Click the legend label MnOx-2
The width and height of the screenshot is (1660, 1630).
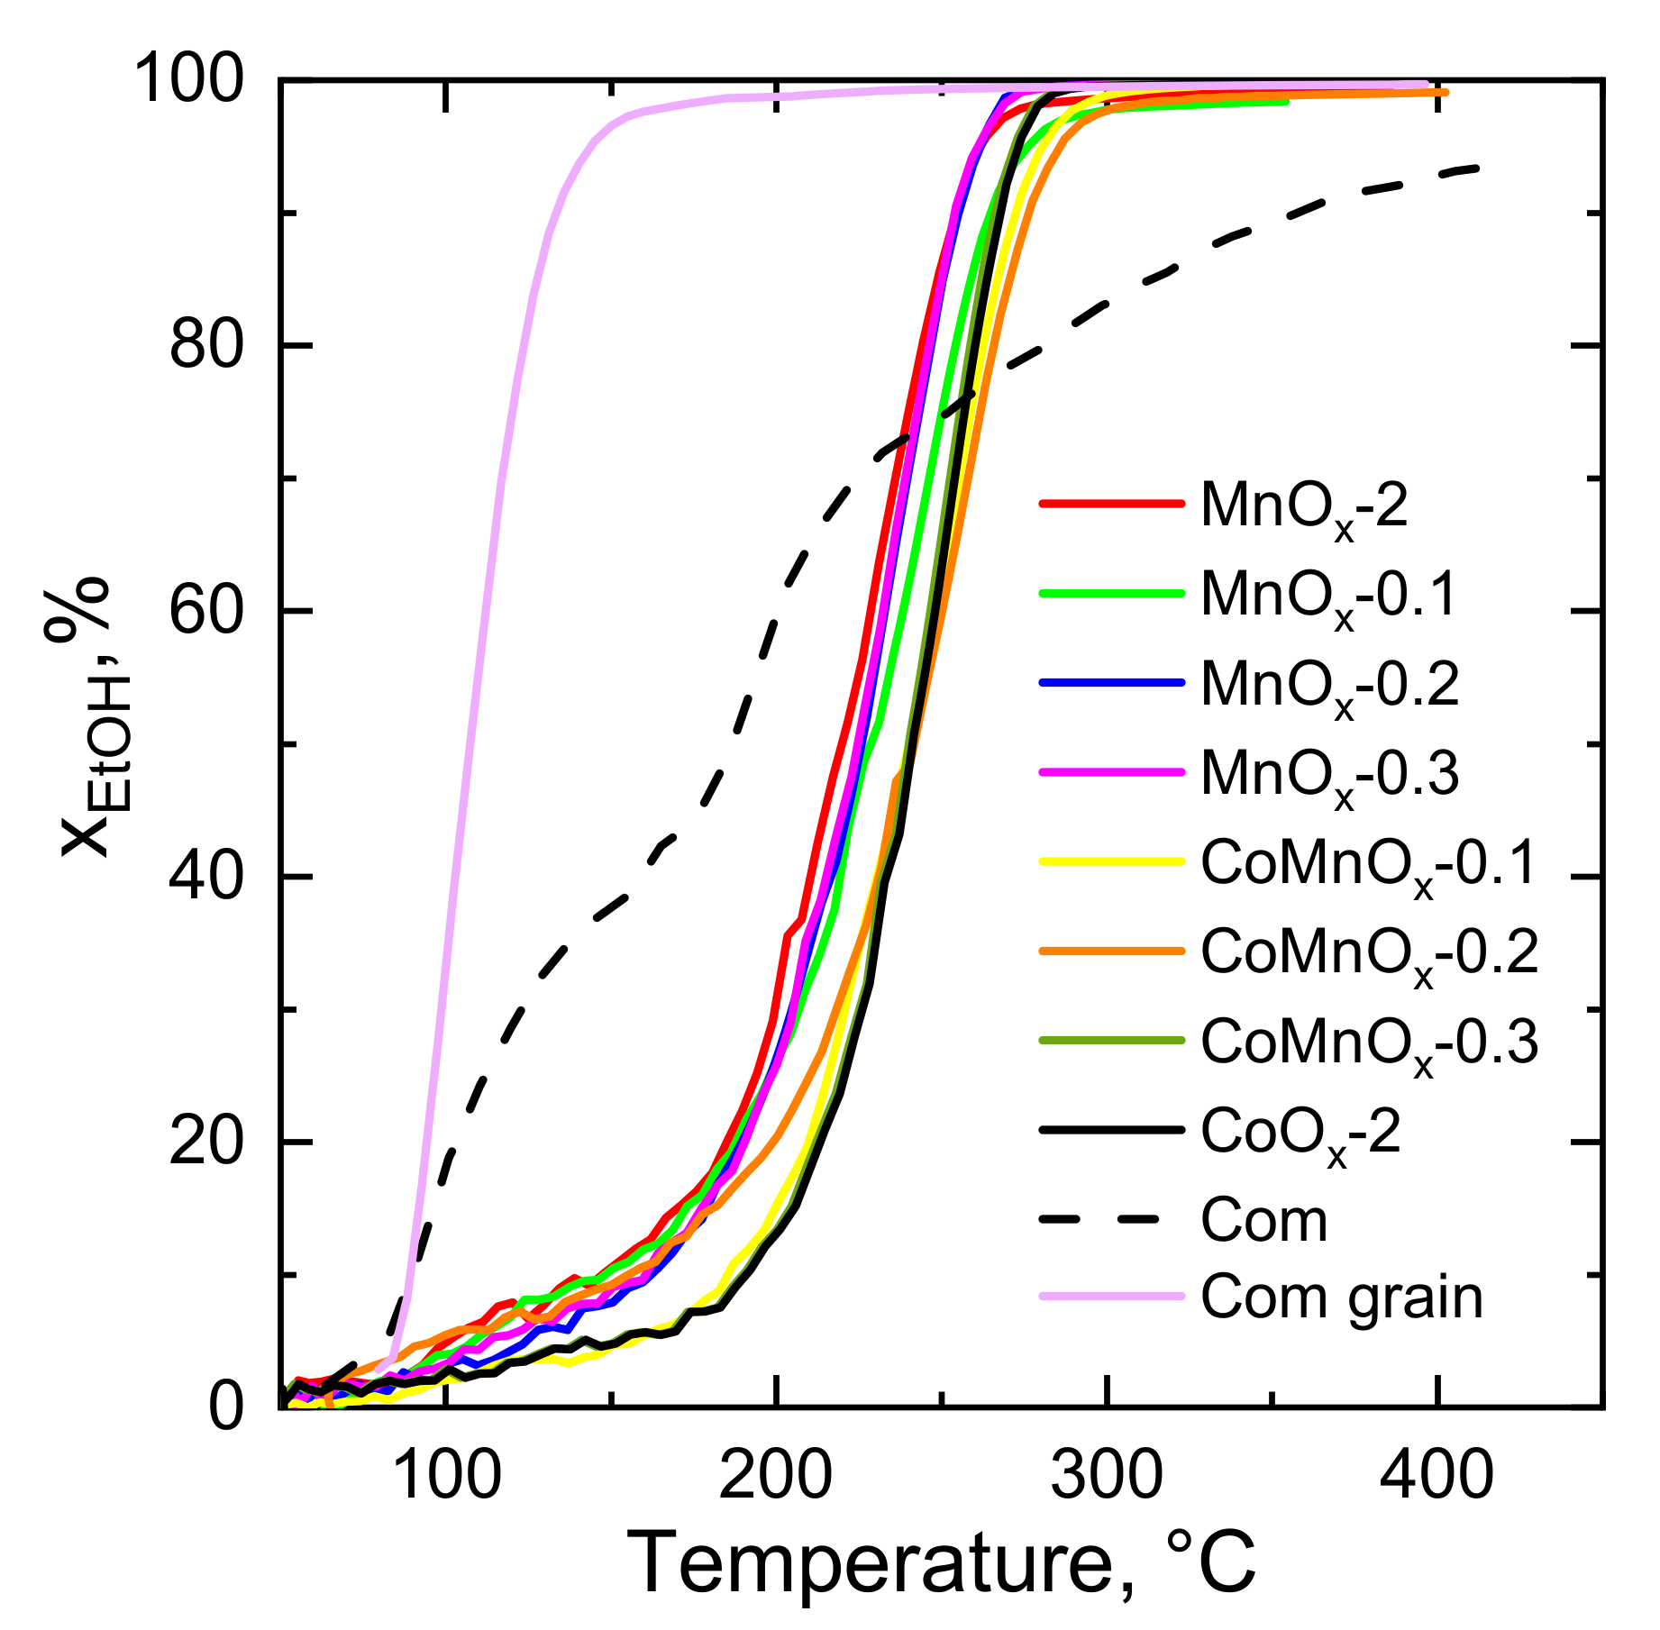pos(1304,508)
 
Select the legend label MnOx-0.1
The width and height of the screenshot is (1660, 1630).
pos(1328,597)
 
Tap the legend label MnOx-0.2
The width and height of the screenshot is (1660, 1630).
pos(1329,687)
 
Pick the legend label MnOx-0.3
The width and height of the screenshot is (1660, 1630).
pos(1329,776)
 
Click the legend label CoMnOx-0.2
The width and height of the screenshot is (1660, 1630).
pos(1369,954)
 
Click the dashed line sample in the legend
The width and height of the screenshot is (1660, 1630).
pos(1110,1220)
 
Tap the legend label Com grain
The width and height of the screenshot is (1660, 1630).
pos(1341,1298)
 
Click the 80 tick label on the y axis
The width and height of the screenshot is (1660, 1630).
pos(206,345)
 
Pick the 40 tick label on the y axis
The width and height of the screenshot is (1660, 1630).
pos(206,876)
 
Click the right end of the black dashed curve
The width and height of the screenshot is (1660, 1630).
pos(1477,168)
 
